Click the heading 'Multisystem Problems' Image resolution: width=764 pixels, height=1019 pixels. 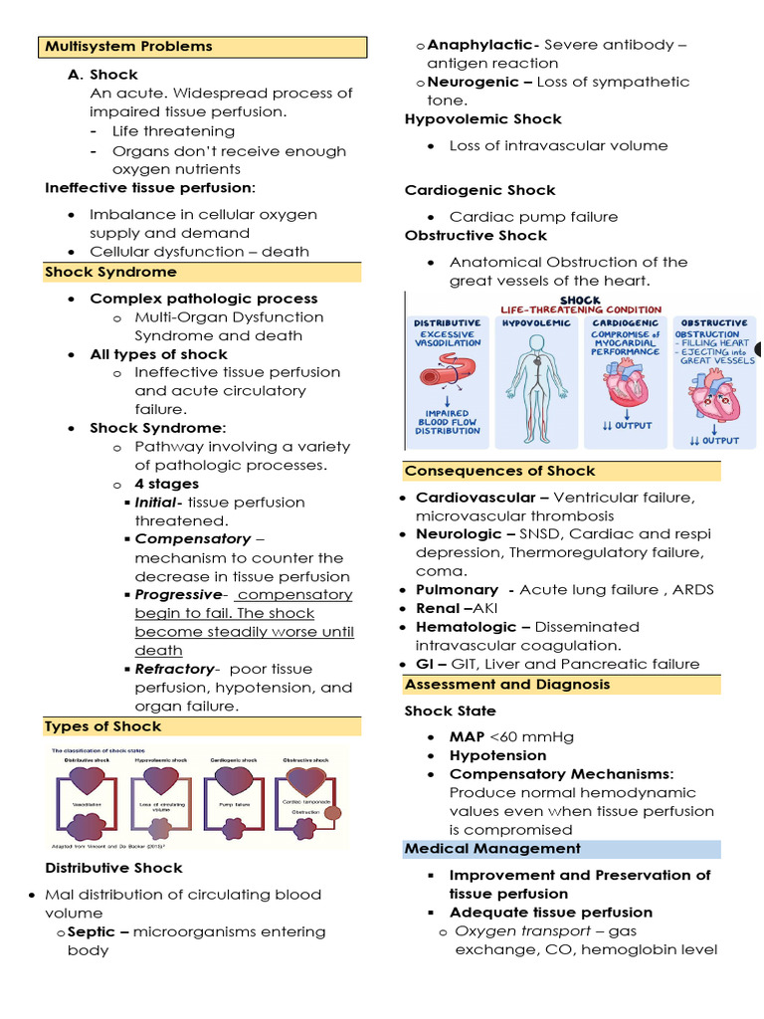[127, 47]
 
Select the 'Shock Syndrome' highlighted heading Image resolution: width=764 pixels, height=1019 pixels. [110, 272]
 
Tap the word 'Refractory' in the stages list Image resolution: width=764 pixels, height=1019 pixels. [174, 669]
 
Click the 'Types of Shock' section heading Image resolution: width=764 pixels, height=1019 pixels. [103, 726]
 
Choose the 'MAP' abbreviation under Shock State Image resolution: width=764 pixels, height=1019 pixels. [466, 736]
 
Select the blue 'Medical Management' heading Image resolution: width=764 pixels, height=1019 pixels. [491, 849]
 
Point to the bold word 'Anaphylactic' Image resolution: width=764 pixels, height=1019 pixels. [482, 45]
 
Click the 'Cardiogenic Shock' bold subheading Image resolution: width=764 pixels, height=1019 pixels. [479, 190]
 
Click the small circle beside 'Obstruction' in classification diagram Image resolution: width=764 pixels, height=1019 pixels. [331, 812]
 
